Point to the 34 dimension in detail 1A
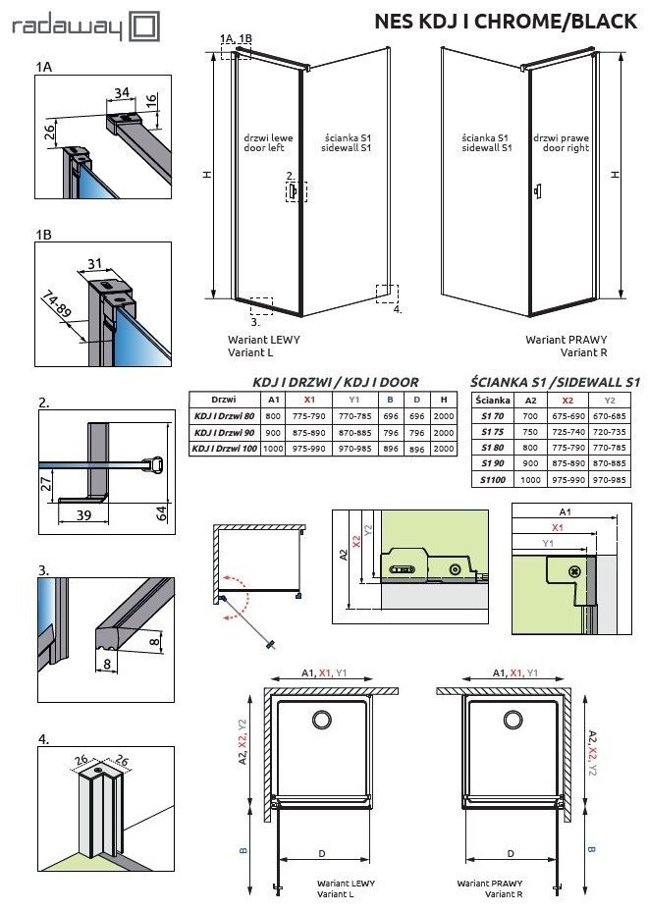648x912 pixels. click(122, 92)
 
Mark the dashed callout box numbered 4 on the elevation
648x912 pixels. click(388, 294)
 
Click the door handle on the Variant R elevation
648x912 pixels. click(536, 190)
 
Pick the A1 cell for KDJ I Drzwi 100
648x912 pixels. click(274, 449)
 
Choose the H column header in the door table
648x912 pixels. click(444, 400)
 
